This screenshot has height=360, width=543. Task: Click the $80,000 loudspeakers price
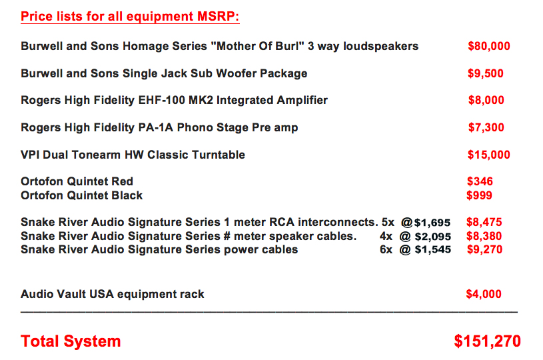pos(488,46)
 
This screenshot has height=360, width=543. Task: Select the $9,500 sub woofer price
pos(486,73)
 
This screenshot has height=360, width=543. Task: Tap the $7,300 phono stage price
pos(486,127)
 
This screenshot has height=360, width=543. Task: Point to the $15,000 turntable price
pos(488,155)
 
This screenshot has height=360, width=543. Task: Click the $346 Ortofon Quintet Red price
pos(480,181)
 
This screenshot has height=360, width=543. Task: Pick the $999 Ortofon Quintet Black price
pos(479,195)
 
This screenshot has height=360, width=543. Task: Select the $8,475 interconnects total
pos(484,222)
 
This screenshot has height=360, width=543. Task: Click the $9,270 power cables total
pos(484,249)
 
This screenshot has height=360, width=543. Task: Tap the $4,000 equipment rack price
pos(484,294)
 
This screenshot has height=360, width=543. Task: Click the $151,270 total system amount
pos(488,341)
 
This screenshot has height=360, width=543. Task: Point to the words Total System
pos(71,341)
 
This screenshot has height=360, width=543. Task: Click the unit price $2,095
pos(433,237)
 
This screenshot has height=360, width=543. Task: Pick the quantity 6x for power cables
pos(386,249)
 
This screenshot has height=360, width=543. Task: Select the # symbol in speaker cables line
pos(227,236)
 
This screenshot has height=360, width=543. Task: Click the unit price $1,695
pos(432,223)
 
